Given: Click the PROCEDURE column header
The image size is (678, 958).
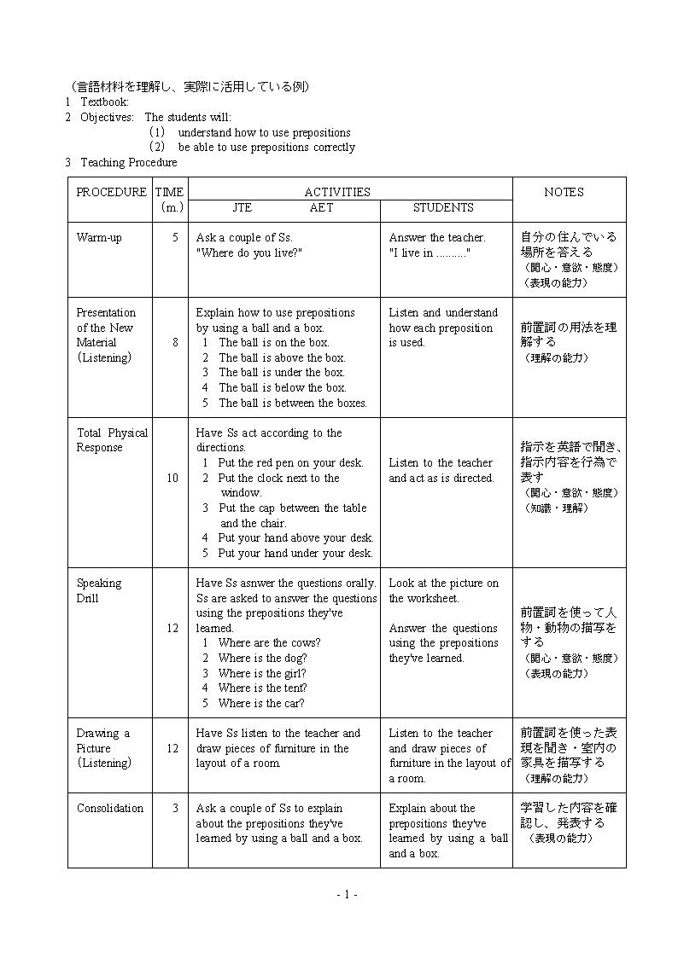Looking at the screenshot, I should (111, 192).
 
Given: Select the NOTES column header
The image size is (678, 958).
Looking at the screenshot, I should (564, 192).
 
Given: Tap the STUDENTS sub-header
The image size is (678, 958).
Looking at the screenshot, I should (443, 207).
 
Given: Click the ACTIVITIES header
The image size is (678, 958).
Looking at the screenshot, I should (337, 192).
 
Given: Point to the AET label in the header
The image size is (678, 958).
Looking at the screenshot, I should (322, 207).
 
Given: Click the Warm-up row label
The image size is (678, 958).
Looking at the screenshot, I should (99, 237).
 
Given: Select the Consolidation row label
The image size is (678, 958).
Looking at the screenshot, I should (110, 808).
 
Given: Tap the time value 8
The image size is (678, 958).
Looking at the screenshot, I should (175, 342).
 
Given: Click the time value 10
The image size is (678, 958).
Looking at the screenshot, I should (172, 478).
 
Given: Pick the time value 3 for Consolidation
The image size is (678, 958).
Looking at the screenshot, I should (175, 808).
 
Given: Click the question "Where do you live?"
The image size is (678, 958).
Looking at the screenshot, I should (249, 253).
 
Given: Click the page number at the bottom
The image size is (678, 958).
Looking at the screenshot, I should (347, 894).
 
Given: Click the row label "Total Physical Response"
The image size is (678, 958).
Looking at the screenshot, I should (112, 439).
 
